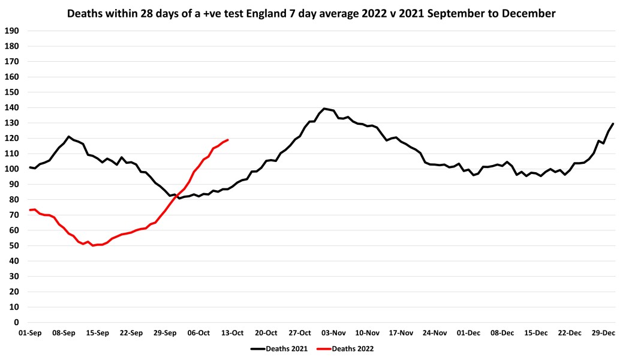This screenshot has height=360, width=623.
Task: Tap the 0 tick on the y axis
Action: click(16, 322)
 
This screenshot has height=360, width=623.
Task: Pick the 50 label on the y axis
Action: click(14, 246)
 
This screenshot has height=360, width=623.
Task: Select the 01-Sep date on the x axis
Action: click(30, 332)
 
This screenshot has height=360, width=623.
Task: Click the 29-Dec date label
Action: click(604, 332)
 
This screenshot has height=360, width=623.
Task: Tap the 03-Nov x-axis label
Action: click(334, 332)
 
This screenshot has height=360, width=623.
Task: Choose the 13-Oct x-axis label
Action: click(233, 332)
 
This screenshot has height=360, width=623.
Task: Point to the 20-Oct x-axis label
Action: click(266, 332)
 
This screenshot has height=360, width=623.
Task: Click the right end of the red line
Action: click(228, 140)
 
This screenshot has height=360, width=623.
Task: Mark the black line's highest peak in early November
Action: click(324, 109)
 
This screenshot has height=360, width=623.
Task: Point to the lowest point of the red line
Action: click(93, 245)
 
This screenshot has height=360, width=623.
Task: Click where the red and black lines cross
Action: click(176, 194)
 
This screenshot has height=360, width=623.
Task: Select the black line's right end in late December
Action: click(613, 124)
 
